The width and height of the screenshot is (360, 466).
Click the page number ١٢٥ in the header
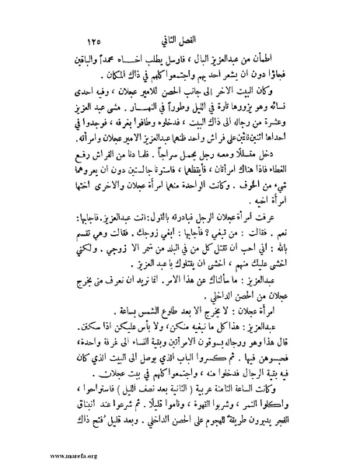(x=97, y=39)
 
